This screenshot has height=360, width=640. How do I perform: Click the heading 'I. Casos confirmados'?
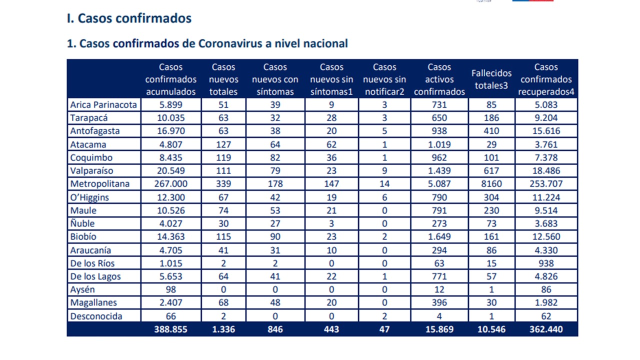click(x=129, y=18)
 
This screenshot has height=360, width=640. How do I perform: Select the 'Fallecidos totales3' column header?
click(x=491, y=79)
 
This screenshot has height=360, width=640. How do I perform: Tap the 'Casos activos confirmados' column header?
click(x=439, y=79)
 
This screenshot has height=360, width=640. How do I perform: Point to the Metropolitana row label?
click(x=100, y=183)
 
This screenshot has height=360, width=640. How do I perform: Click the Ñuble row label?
click(x=82, y=223)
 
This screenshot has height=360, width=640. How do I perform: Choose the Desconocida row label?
click(x=96, y=316)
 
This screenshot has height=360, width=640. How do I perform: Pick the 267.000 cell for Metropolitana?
click(x=171, y=183)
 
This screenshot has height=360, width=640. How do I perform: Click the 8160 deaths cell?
click(x=491, y=183)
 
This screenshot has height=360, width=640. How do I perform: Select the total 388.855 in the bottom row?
click(x=171, y=329)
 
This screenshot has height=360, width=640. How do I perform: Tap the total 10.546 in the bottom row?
click(x=491, y=329)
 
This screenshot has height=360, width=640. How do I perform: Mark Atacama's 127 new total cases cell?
click(x=223, y=144)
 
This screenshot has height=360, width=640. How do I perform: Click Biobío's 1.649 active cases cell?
click(x=439, y=236)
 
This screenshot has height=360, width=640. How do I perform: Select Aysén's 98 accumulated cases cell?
click(x=171, y=289)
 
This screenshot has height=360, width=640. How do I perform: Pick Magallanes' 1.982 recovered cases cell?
click(x=546, y=302)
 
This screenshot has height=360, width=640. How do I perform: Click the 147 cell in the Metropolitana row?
click(x=331, y=183)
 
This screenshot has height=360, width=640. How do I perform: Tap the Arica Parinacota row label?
click(x=103, y=105)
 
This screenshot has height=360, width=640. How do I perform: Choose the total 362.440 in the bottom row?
click(x=546, y=329)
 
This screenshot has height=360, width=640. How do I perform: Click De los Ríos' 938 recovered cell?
click(x=546, y=263)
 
